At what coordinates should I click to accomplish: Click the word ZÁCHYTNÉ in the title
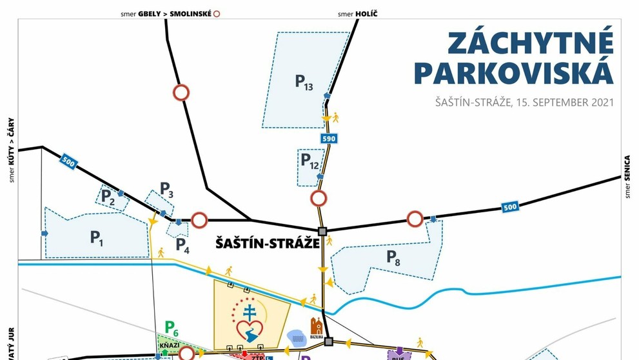click(530, 44)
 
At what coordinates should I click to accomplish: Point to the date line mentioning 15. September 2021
click(524, 103)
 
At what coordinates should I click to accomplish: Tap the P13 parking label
click(304, 82)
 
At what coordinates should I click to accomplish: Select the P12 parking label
click(310, 161)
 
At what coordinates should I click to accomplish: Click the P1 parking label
click(97, 238)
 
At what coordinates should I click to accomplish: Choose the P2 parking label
click(108, 198)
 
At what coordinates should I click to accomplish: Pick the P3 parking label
click(167, 190)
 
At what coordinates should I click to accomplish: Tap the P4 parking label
click(182, 246)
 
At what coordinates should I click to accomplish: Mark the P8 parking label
click(393, 257)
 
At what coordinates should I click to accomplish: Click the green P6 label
click(171, 328)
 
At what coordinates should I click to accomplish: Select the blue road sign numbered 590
click(329, 138)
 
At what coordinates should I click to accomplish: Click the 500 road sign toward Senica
click(510, 207)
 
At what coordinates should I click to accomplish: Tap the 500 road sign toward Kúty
click(68, 162)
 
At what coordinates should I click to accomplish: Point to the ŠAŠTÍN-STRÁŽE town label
click(268, 244)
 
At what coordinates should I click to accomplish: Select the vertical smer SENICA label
click(627, 177)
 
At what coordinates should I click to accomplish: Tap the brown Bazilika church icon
click(315, 327)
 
